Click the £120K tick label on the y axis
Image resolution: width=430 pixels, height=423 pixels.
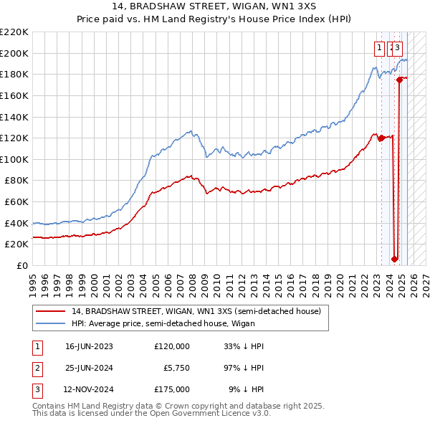[14, 138]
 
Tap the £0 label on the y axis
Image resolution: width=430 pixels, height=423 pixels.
[23, 265]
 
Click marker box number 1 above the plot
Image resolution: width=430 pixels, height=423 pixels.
[378, 48]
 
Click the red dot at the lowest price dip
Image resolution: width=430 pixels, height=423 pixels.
[394, 259]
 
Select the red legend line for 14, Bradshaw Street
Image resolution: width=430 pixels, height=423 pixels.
[51, 310]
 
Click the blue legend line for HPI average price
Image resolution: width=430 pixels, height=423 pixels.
[51, 323]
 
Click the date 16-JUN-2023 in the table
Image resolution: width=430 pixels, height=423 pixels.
[89, 346]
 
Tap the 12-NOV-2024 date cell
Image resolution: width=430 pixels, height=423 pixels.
[89, 389]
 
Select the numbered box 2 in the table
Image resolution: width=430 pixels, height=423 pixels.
[36, 368]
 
